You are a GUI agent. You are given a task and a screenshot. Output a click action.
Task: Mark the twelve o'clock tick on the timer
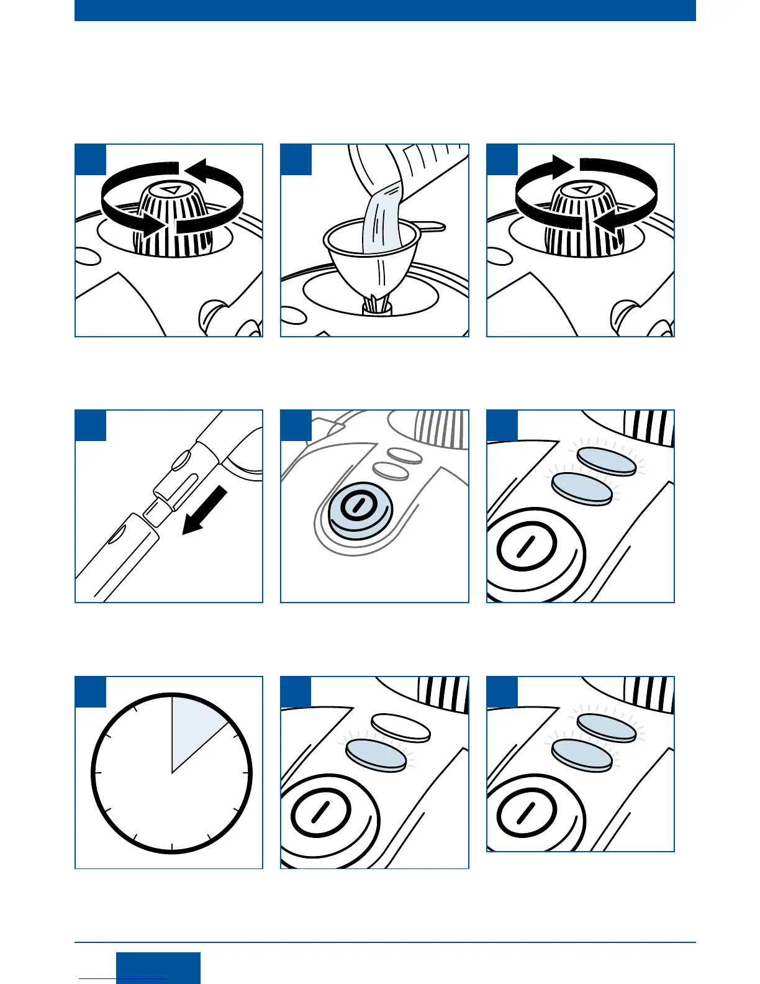tap(172, 699)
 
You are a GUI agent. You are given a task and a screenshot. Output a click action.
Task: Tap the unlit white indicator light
tap(400, 727)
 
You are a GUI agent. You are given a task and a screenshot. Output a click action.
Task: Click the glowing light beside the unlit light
tap(375, 755)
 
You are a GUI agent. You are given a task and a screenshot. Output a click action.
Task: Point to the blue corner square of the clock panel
tap(91, 692)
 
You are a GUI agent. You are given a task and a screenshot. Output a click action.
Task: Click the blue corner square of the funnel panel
tap(296, 160)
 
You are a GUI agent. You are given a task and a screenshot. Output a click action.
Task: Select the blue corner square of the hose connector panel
tap(91, 426)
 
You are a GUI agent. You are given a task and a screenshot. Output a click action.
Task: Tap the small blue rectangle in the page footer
tap(158, 968)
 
